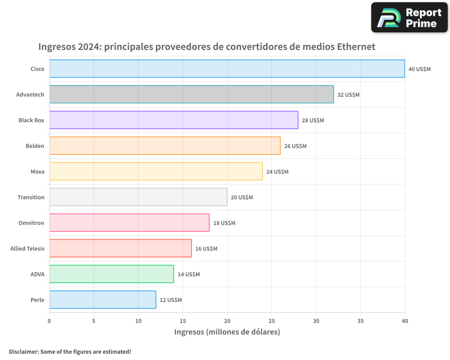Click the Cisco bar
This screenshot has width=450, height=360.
(227, 69)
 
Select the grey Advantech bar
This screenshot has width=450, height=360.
(191, 94)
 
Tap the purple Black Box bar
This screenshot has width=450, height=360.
(174, 120)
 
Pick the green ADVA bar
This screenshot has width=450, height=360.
(112, 274)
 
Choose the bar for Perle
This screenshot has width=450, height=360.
(103, 300)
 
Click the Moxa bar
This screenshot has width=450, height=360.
(156, 171)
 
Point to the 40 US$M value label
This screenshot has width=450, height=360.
(419, 69)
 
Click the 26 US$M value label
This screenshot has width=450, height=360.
(295, 146)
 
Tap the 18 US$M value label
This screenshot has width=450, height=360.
(224, 223)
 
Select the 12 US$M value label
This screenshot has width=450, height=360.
(171, 300)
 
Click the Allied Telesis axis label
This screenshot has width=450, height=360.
(27, 248)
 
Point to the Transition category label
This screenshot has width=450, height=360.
(31, 197)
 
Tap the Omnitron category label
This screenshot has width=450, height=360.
(31, 223)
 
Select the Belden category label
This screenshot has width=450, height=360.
(35, 146)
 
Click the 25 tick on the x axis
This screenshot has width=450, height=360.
(271, 321)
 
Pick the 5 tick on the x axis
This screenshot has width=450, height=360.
(94, 321)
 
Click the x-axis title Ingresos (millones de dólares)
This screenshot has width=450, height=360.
(227, 332)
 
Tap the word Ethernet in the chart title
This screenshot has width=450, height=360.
(356, 46)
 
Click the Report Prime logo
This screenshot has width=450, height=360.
(409, 18)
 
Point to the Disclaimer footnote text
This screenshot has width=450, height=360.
(70, 351)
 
